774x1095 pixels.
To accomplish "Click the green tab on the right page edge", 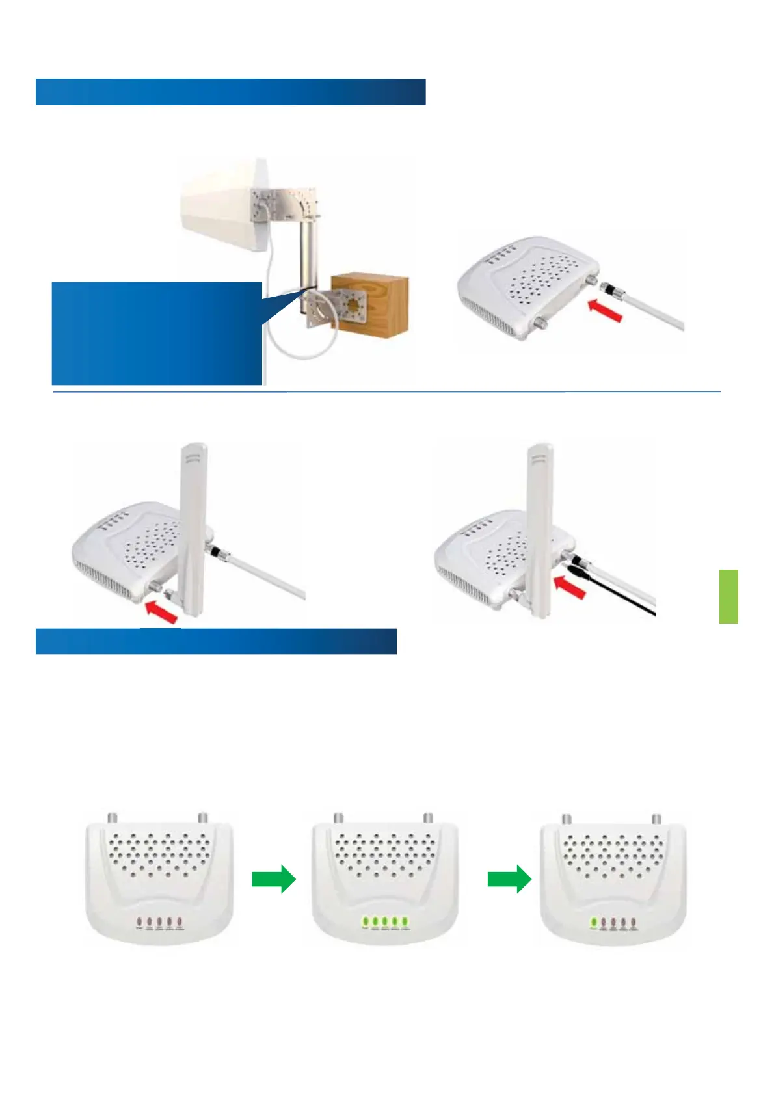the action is [728, 596].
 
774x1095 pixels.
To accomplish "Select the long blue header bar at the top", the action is [230, 92].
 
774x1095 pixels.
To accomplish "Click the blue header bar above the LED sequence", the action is [216, 641].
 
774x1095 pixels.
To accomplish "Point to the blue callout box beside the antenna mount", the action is [156, 333].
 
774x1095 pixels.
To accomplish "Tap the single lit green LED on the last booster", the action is [594, 922].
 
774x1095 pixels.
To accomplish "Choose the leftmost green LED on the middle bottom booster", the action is [366, 921].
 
